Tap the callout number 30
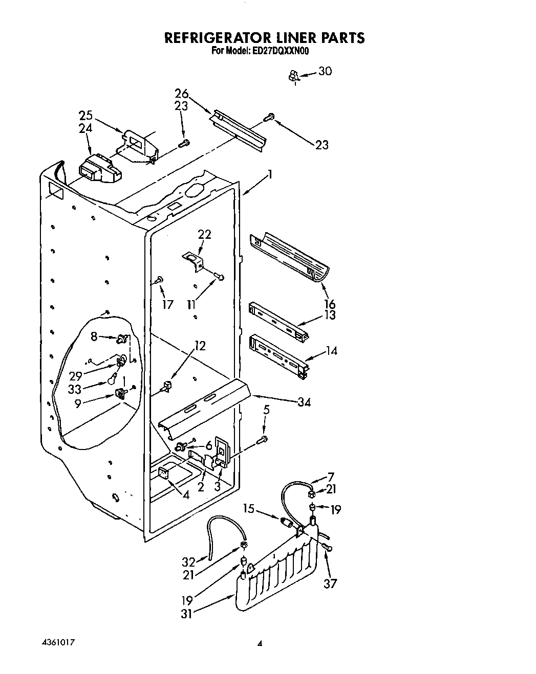pos(325,71)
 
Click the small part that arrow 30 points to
pos(293,77)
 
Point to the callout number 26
pos(181,94)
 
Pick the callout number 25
pos(85,115)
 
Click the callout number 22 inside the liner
pos(204,234)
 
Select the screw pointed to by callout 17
pos(159,280)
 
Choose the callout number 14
pos(331,351)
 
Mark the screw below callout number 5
pos(263,439)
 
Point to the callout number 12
pos(200,346)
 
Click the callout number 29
pos(76,376)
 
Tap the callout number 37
pos(330,583)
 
